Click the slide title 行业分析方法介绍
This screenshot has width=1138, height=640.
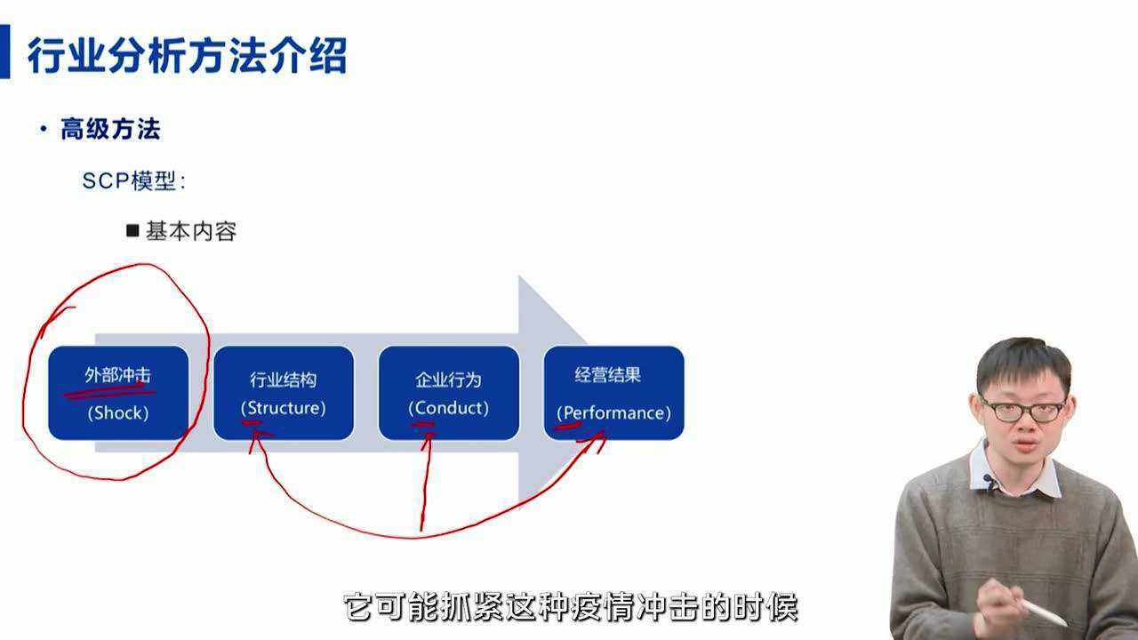[187, 55]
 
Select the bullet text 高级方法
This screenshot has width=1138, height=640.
[110, 130]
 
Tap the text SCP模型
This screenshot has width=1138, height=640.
[133, 181]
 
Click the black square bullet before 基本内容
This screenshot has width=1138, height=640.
[133, 231]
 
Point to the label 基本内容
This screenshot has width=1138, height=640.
[191, 232]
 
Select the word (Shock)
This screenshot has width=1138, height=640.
[118, 412]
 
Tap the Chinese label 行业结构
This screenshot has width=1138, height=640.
[284, 380]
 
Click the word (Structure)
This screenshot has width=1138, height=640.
[284, 408]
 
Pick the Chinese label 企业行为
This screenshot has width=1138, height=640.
[448, 380]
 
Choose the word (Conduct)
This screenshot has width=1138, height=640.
[448, 408]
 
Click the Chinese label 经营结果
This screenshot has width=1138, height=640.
[607, 375]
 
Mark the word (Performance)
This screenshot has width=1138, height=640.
[614, 413]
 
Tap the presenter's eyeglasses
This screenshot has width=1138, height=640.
[1022, 411]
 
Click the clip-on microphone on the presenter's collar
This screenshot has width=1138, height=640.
[990, 483]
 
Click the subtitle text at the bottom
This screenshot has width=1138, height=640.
[570, 608]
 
